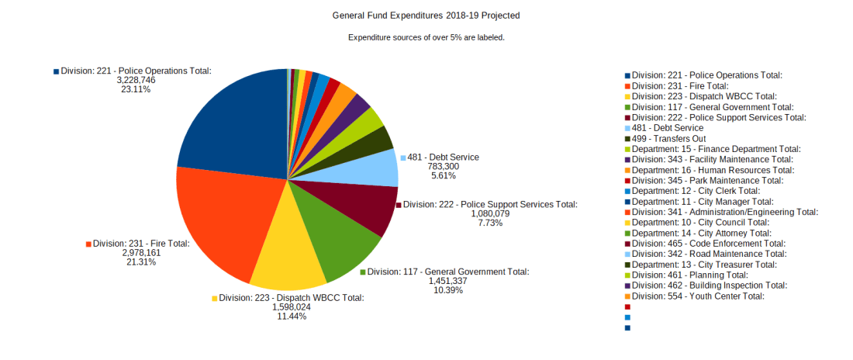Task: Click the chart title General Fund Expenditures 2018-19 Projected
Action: [x=426, y=16]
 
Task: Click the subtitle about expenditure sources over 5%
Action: [x=427, y=37]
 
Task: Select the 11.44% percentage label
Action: [x=292, y=316]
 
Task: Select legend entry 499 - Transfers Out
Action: [x=668, y=138]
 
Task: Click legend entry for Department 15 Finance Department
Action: [x=716, y=149]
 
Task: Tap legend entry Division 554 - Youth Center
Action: [x=698, y=296]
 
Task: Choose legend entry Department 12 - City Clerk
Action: [x=696, y=191]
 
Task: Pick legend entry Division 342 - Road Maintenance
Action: [x=709, y=254]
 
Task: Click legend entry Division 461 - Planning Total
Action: [x=689, y=275]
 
